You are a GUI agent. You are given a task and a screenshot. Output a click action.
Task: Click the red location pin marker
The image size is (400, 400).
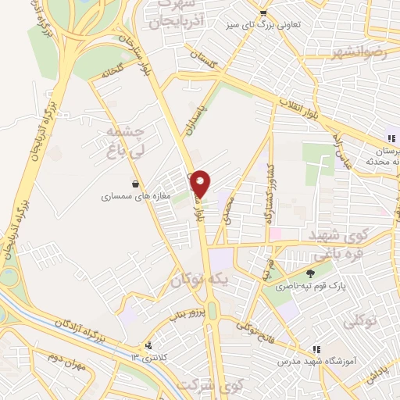pos(200,183)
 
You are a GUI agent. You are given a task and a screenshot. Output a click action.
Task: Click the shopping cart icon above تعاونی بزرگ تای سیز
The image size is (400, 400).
pos(264,12)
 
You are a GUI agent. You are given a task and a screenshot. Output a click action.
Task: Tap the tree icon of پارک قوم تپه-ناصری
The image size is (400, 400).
pos(310,274)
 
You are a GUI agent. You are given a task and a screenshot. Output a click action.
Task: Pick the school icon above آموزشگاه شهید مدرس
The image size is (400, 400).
pos(316,349)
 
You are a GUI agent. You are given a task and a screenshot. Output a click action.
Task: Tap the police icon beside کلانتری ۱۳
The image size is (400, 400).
pos(149,346)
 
